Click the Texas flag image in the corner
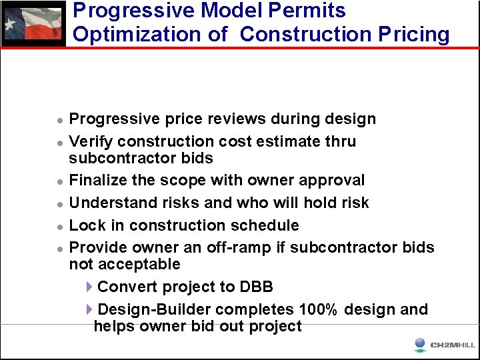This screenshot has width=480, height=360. tap(33, 24)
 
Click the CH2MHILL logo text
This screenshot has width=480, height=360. tap(453, 345)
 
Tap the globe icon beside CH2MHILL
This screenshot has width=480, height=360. tap(420, 344)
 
